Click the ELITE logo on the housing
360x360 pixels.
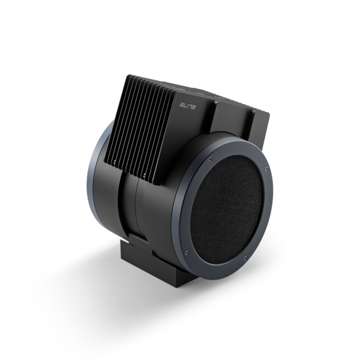click(187, 106)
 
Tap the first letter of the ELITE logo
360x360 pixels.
click(181, 105)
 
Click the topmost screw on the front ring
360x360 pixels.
click(210, 158)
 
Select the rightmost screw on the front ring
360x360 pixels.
click(266, 170)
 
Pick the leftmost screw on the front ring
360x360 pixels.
click(186, 252)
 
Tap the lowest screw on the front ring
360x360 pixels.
click(245, 258)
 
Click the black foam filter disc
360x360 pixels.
click(226, 206)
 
